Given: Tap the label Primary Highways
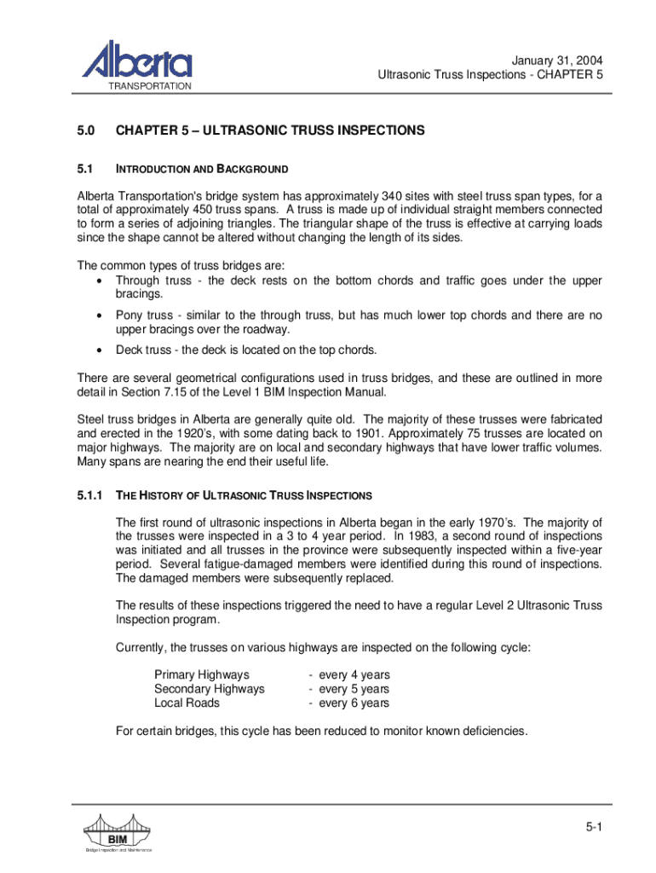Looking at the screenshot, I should point(202,674).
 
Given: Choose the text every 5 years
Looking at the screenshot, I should point(354,689).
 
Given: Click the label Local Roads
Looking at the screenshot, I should point(187,703).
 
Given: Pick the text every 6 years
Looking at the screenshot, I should point(354,703).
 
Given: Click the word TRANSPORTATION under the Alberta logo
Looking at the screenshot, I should point(149,87).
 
